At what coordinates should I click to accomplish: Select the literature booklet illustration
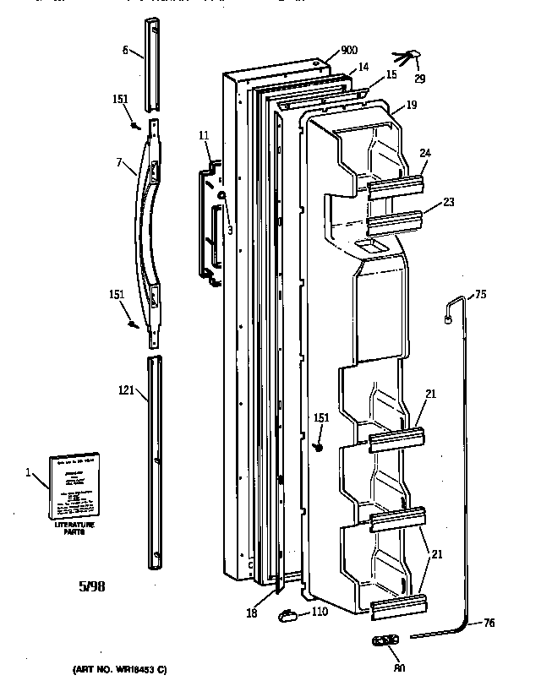(x=73, y=487)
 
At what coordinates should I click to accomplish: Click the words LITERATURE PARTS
(x=75, y=530)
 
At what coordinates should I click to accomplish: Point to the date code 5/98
(x=93, y=585)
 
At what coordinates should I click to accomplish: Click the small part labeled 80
(x=385, y=641)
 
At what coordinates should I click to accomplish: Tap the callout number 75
(x=480, y=294)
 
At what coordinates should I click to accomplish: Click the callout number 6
(x=125, y=51)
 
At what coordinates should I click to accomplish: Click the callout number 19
(x=411, y=107)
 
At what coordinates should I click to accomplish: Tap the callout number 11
(x=204, y=135)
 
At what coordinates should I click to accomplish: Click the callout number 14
(x=363, y=67)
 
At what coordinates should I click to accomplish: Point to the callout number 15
(x=391, y=75)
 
